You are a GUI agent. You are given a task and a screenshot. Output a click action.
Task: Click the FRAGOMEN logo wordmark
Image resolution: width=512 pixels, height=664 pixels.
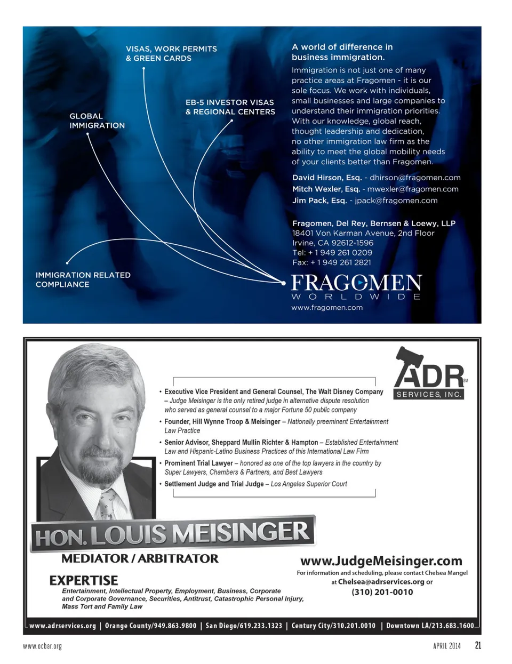[x=356, y=283]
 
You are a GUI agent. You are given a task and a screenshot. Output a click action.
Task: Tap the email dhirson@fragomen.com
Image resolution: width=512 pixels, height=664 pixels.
[x=415, y=178]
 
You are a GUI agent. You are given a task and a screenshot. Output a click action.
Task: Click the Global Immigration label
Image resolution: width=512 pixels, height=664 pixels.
[x=97, y=121]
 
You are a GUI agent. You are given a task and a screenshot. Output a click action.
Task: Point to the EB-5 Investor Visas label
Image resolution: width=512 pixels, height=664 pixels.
[x=230, y=107]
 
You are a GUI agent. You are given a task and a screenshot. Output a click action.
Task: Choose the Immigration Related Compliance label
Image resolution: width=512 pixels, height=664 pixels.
[x=83, y=279]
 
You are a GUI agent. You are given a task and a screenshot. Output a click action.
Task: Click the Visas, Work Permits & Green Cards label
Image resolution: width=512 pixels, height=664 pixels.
[x=171, y=53]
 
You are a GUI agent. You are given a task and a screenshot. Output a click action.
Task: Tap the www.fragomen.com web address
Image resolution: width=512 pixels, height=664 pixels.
[x=327, y=308]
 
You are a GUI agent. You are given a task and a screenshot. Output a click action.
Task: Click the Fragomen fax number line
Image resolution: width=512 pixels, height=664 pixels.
[x=331, y=262]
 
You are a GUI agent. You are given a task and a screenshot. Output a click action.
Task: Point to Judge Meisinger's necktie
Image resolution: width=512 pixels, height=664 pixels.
[x=107, y=504]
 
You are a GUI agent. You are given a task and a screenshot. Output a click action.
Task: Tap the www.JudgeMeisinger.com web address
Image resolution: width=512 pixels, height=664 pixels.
[x=381, y=561]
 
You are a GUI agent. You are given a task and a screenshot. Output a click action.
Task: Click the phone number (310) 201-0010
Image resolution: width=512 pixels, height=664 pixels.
[x=382, y=592]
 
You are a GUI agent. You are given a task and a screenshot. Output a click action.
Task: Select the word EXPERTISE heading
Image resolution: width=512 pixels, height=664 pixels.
[x=84, y=580]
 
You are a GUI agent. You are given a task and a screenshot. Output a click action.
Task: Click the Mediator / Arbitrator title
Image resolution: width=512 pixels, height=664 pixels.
[x=140, y=559]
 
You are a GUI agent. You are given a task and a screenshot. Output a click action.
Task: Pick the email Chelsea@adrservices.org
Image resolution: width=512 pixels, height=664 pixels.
[x=381, y=582]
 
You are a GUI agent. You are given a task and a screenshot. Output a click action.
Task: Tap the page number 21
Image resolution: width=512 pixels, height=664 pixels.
[x=478, y=645]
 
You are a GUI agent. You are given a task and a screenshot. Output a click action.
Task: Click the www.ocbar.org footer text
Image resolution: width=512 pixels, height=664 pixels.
[x=42, y=646]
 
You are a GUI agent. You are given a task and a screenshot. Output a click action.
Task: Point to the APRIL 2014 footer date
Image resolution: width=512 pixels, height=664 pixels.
[x=446, y=646]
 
